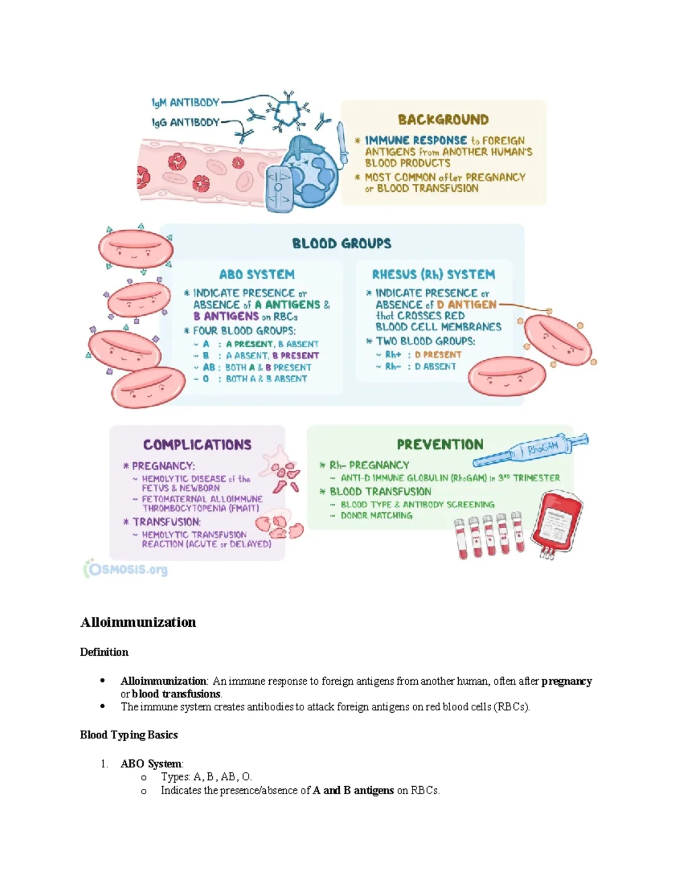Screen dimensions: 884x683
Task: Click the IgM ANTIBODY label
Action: click(185, 102)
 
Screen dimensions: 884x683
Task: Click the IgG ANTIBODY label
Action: click(185, 122)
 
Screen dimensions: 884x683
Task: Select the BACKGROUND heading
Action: click(443, 120)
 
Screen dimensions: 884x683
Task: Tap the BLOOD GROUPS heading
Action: click(341, 244)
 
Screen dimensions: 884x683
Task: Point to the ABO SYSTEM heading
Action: click(257, 274)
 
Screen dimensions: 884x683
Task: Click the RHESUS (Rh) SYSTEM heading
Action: click(433, 274)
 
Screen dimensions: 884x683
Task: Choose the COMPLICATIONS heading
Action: click(197, 445)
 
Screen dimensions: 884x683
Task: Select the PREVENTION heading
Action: click(440, 445)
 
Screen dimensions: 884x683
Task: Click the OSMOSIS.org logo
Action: click(126, 569)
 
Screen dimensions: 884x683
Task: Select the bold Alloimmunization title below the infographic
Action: click(138, 622)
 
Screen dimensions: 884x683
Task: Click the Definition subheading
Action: click(104, 652)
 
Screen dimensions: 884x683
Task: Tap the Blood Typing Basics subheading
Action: click(129, 735)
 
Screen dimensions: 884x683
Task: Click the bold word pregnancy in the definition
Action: click(566, 681)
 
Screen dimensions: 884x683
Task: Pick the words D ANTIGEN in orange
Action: click(466, 305)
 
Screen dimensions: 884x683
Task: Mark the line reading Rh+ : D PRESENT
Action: click(418, 355)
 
